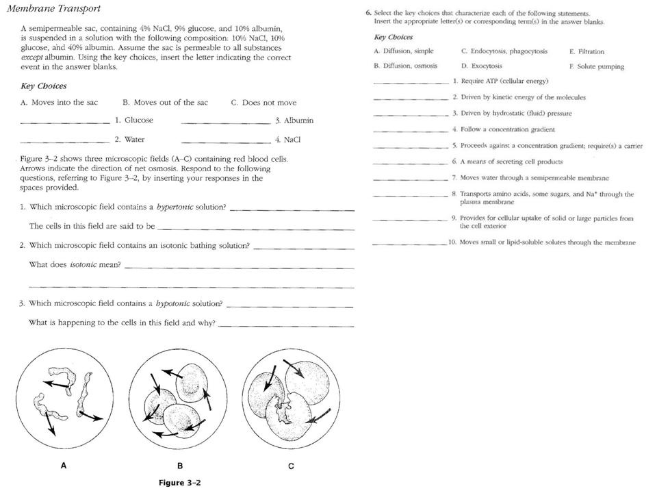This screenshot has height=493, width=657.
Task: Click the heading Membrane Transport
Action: pos(53,9)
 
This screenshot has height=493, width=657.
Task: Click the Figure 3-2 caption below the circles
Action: pos(179,482)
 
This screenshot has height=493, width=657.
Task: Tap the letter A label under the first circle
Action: pos(64,465)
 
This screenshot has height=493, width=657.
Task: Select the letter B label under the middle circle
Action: pos(180,466)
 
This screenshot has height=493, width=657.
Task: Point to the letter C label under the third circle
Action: pos(291,466)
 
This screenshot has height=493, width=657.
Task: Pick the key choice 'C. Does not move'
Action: pos(263,103)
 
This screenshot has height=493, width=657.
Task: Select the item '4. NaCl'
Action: pos(287,140)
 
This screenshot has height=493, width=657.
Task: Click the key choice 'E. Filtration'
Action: pos(587,51)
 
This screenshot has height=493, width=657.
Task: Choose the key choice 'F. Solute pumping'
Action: pos(596,66)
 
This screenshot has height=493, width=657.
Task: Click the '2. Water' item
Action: pos(129,140)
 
